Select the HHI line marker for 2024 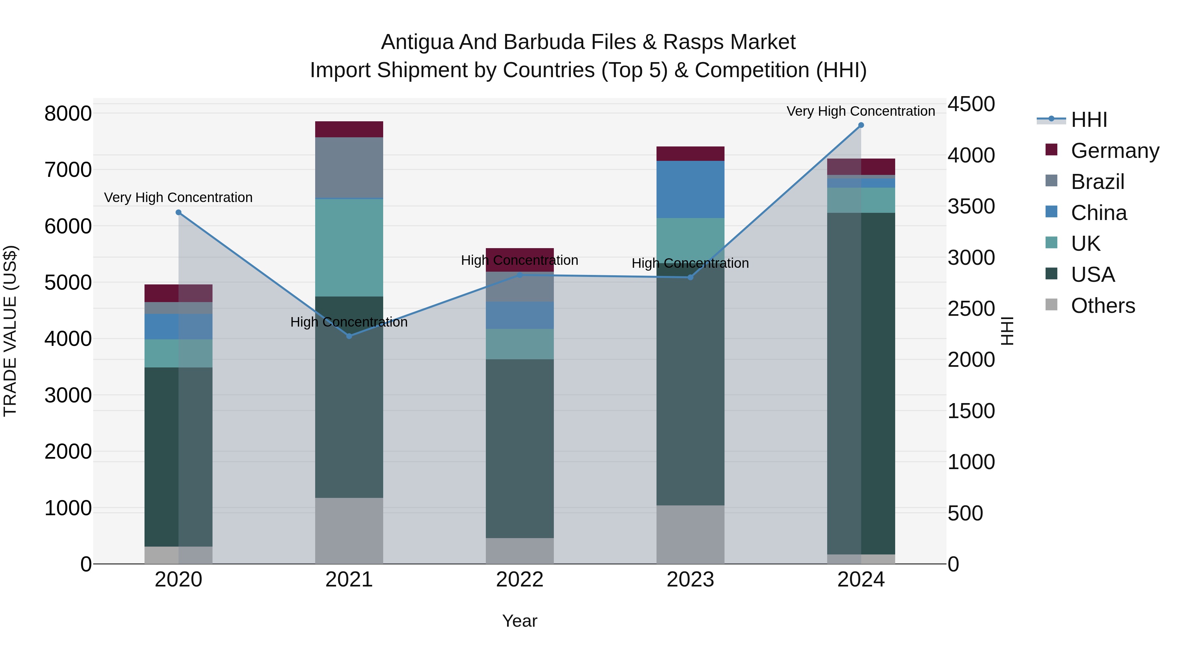click(861, 125)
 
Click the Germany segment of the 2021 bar click(349, 129)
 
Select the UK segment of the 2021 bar click(349, 247)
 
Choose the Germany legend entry click(1115, 151)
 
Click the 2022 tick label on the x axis click(520, 579)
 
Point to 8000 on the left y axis click(68, 113)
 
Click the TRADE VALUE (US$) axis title click(10, 331)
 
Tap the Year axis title click(520, 621)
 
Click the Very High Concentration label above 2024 click(861, 111)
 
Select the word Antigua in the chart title click(417, 42)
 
